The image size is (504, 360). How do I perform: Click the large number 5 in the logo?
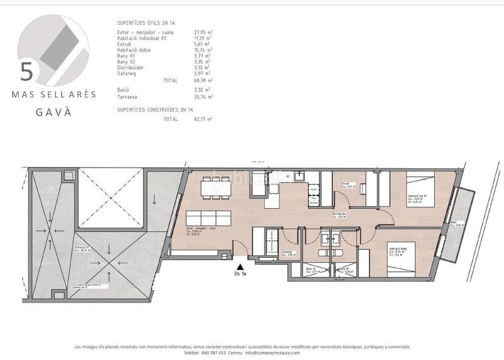click(26, 71)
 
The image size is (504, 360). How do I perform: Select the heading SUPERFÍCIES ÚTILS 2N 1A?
click(146, 22)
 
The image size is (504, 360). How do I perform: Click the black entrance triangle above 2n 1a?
click(240, 267)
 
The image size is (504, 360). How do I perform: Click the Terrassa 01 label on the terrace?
click(83, 247)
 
